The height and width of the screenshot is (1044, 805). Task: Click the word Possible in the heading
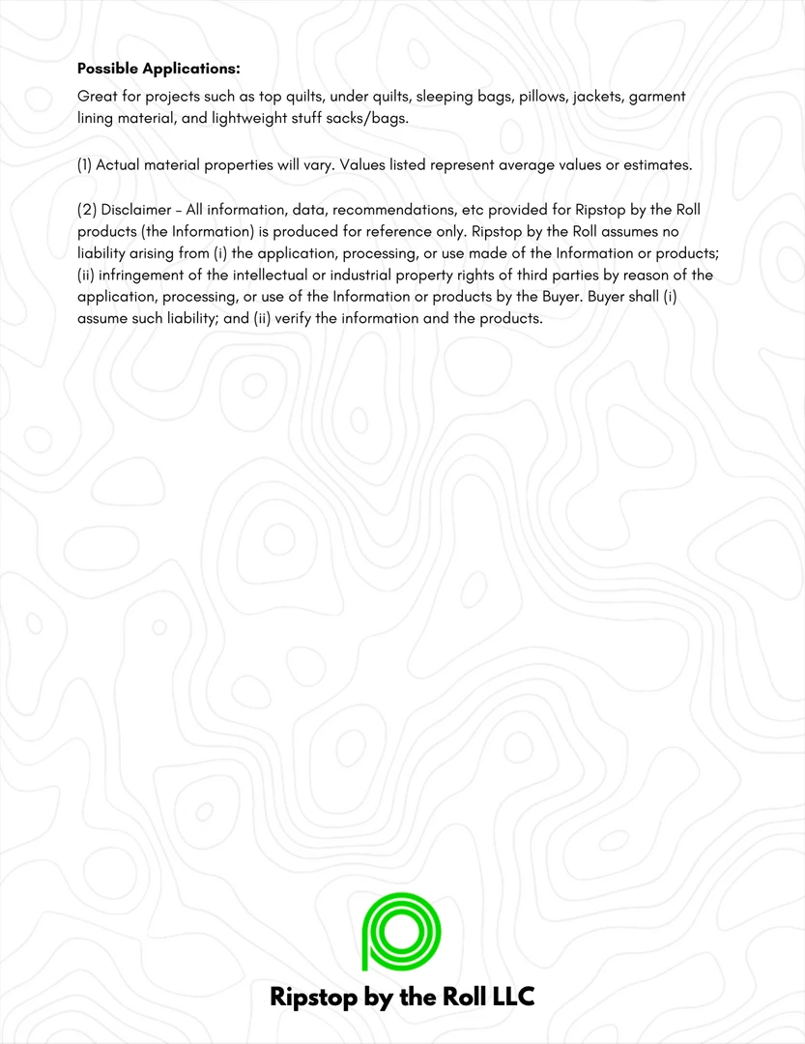pos(107,69)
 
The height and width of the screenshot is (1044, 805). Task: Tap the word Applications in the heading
pos(190,69)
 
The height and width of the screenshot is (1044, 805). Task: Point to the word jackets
pos(599,98)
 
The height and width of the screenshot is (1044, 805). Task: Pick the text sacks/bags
pos(368,118)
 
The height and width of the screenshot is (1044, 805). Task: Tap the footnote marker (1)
pos(84,164)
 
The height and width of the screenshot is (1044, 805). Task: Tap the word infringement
pos(145,275)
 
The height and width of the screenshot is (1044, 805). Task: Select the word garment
pos(657,98)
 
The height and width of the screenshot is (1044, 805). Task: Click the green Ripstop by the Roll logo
pos(401,932)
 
